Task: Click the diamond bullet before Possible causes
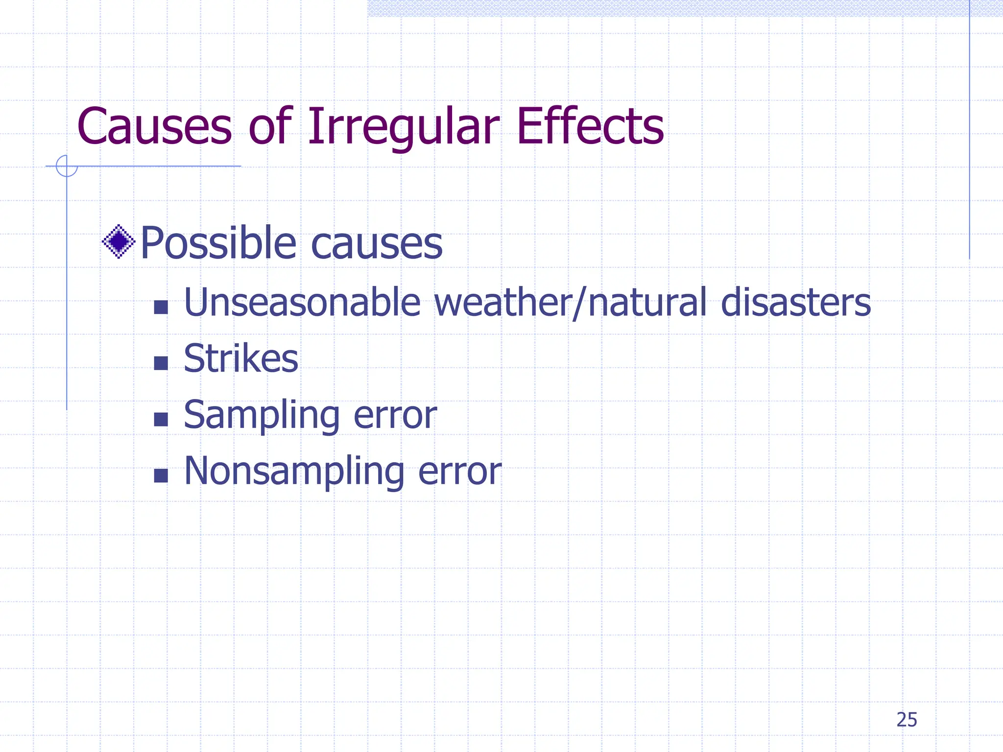119,241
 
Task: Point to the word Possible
218,243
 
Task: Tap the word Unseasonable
302,303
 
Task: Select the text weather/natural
571,303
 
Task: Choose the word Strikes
241,358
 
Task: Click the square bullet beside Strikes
161,363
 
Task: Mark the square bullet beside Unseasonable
161,307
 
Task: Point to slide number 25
907,720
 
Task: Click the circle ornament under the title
67,166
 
